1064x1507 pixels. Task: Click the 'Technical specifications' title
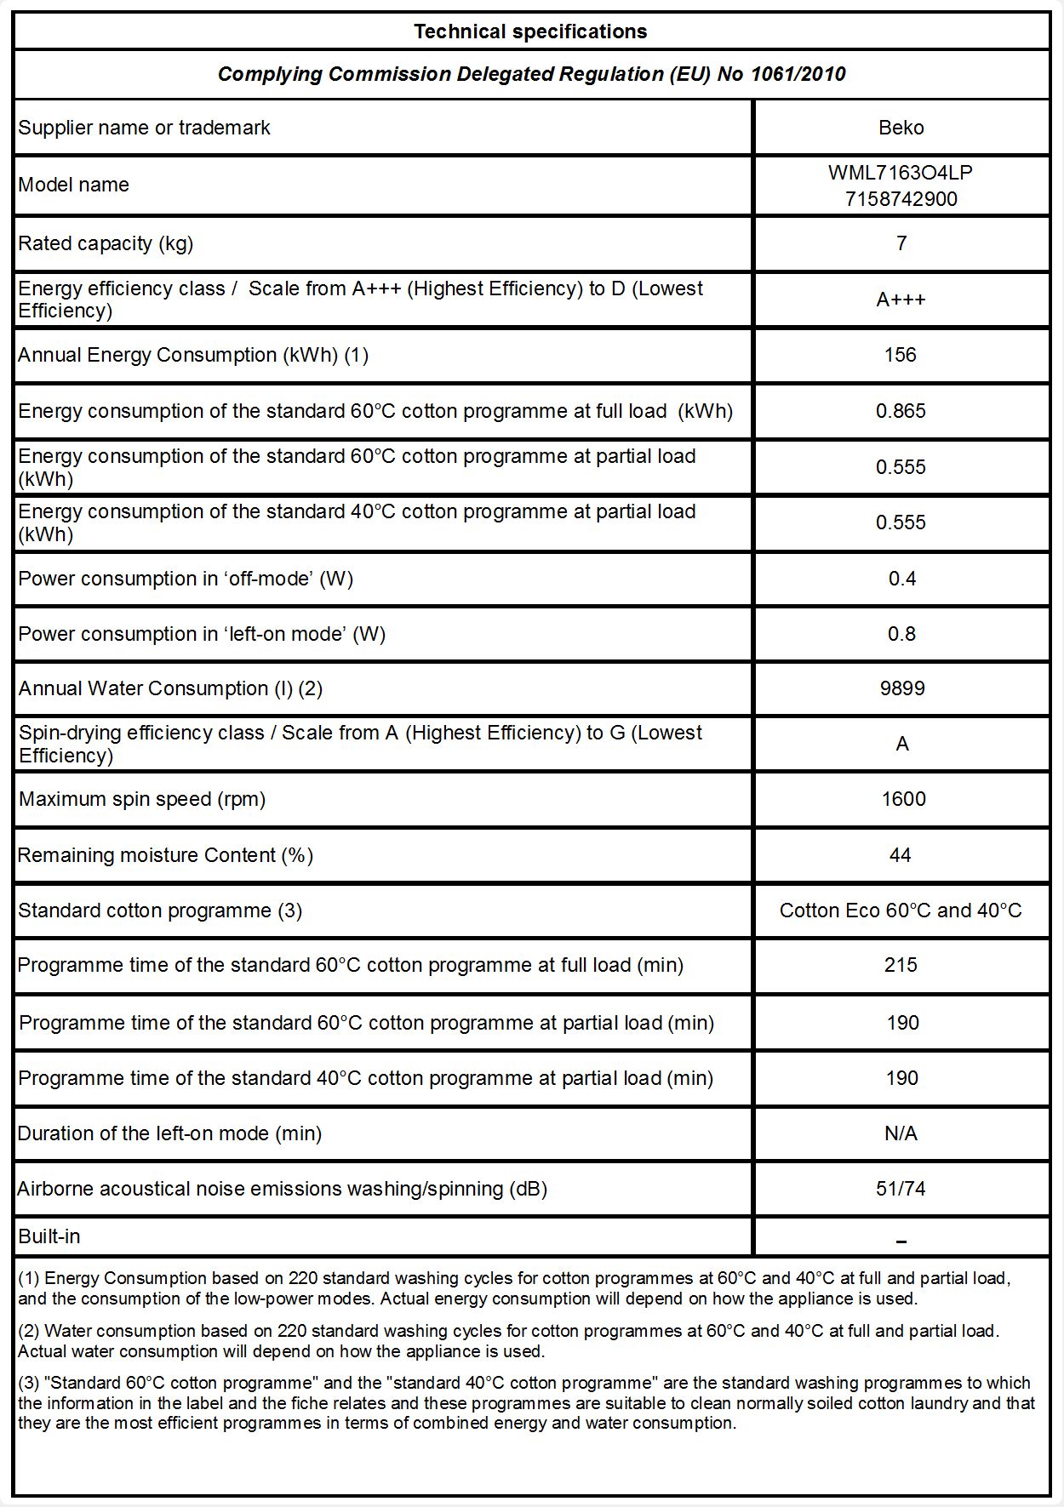coord(530,32)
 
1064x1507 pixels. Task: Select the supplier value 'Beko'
coord(901,128)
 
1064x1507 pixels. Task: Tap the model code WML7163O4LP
coord(900,173)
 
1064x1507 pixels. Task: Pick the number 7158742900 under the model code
coord(901,199)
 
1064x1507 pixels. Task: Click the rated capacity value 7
coord(901,243)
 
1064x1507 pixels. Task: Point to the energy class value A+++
coord(901,300)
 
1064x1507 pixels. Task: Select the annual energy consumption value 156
coord(900,355)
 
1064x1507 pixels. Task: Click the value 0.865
coord(901,411)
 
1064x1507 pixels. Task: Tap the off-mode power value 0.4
coord(901,579)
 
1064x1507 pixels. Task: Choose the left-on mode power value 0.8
coord(901,634)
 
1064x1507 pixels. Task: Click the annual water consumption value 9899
coord(901,688)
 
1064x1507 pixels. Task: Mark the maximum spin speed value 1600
coord(903,799)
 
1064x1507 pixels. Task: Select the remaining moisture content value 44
coord(900,855)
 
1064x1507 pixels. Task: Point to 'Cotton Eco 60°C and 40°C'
coord(901,910)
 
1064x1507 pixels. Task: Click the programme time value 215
coord(901,965)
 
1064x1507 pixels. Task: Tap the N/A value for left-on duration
coord(901,1133)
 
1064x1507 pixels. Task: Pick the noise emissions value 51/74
coord(901,1189)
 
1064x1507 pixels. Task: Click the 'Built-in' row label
coord(49,1236)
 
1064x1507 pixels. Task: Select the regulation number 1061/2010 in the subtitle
coord(798,74)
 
